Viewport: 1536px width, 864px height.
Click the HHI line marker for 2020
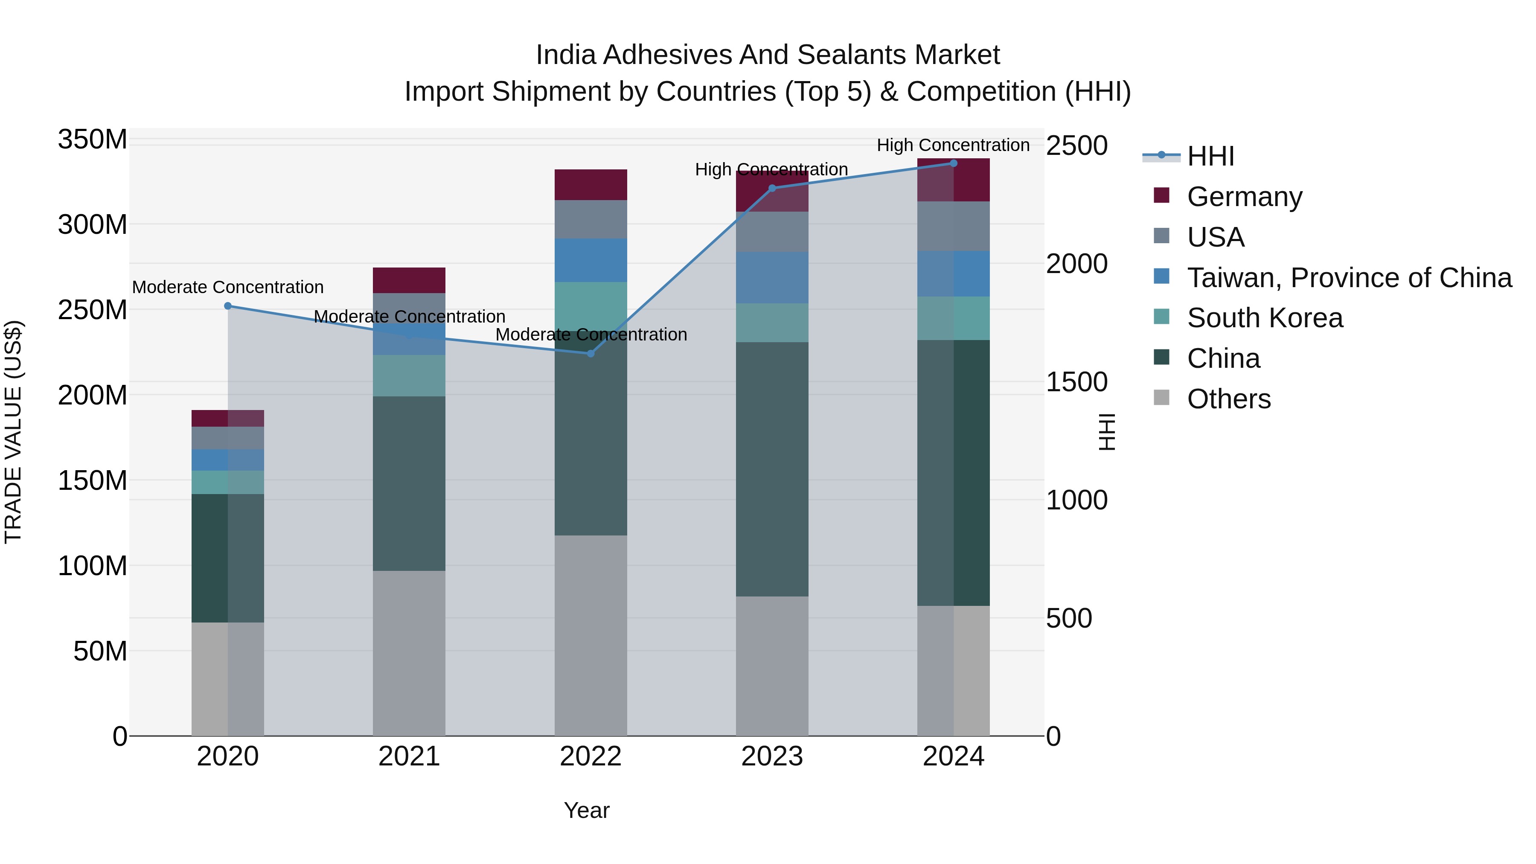pos(228,306)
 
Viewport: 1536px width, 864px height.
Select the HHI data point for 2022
pos(591,354)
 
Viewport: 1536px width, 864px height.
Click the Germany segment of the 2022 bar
pos(591,185)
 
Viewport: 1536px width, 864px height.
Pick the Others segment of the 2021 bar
pos(409,653)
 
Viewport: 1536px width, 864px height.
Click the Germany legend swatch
pos(1161,195)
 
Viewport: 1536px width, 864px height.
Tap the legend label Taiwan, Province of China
pos(1349,278)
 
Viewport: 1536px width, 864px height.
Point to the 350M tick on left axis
pos(93,140)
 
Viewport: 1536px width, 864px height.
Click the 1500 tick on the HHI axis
pos(1076,381)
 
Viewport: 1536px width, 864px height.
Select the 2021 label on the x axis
pos(409,756)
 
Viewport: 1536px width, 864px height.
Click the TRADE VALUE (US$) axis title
pos(14,432)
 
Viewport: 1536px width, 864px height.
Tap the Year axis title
pos(586,810)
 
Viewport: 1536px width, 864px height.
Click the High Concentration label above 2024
pos(952,145)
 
